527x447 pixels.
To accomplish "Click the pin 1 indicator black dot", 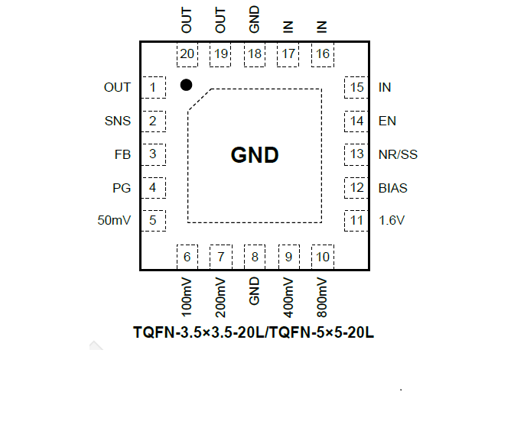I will [186, 85].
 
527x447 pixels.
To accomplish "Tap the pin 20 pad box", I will [187, 54].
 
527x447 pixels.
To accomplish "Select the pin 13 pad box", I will [356, 154].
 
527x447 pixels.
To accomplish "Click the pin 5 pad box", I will [154, 221].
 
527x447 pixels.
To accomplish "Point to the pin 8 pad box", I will [255, 257].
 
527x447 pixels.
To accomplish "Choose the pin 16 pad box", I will [323, 54].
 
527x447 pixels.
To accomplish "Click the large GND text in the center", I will [255, 156].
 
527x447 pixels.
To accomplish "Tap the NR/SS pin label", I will [398, 154].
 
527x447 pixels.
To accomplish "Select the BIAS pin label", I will [393, 188].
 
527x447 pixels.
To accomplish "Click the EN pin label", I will [387, 121].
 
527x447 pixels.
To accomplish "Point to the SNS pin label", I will [118, 121].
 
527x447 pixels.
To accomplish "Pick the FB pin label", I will [122, 154].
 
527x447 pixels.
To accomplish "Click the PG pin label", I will [122, 188].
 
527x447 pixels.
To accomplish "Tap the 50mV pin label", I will [115, 221].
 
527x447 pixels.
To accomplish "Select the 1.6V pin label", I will [392, 221].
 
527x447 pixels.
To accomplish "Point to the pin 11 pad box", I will [356, 221].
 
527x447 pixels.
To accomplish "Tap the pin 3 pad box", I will [154, 154].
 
